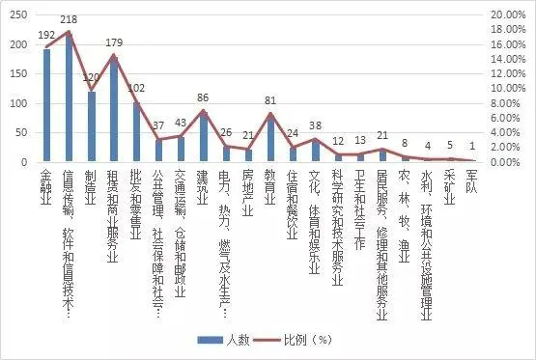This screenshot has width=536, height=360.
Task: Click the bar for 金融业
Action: [46, 106]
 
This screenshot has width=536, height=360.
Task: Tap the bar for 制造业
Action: [92, 126]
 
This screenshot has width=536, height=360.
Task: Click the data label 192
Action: [46, 35]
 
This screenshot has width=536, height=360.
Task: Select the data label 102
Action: [136, 87]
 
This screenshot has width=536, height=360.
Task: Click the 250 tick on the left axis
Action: [19, 15]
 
